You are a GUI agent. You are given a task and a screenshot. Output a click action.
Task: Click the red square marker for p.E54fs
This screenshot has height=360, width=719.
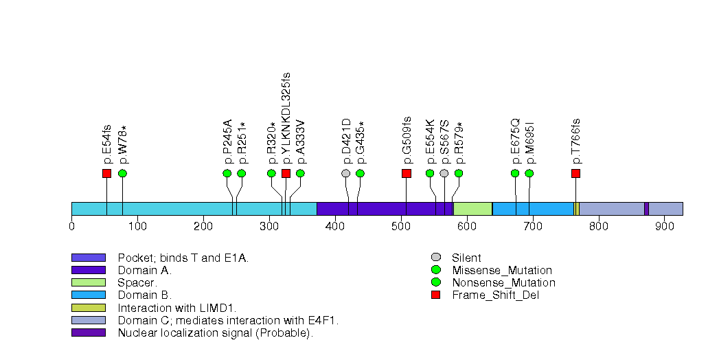(106, 173)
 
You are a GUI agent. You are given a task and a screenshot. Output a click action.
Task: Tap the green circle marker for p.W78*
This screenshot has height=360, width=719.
(122, 173)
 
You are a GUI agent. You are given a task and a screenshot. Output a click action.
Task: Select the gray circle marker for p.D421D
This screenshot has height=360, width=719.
(346, 173)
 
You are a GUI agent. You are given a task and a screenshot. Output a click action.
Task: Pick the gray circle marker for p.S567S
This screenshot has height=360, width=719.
(444, 173)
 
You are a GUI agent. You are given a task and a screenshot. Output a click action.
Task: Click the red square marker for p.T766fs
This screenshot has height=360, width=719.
(575, 173)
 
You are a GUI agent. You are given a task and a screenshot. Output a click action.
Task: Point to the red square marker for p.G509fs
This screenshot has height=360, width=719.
(406, 173)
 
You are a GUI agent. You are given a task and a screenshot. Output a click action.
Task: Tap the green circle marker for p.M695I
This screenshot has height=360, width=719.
(529, 173)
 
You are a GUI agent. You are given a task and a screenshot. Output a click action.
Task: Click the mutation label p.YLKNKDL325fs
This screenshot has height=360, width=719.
(286, 117)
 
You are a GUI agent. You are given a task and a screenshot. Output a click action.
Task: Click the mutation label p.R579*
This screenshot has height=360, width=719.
(459, 143)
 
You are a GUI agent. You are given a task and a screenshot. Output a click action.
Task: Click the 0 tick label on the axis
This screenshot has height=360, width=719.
(72, 226)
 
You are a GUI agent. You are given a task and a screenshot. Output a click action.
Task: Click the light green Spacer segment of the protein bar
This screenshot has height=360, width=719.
(472, 209)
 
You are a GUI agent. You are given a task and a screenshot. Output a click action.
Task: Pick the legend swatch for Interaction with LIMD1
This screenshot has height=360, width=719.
(88, 308)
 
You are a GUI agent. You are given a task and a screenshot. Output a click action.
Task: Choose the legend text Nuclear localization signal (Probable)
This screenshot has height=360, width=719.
(215, 333)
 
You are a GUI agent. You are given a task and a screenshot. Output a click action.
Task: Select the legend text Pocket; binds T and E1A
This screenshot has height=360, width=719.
(183, 258)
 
